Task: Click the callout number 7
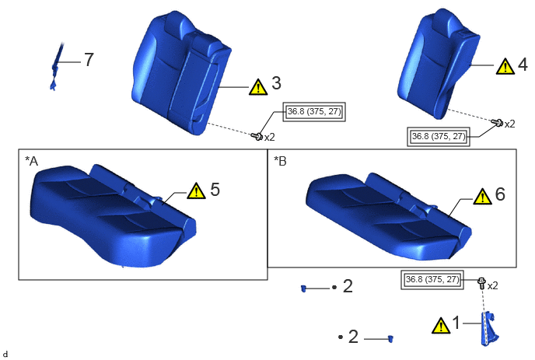[x=89, y=60]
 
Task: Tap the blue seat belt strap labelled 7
[x=56, y=67]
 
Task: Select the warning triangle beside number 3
[x=258, y=86]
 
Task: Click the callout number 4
[x=523, y=65]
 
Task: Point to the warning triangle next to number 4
[x=505, y=66]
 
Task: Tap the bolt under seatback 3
[x=257, y=137]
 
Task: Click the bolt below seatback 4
[x=497, y=122]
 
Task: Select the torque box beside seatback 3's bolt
[x=314, y=112]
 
